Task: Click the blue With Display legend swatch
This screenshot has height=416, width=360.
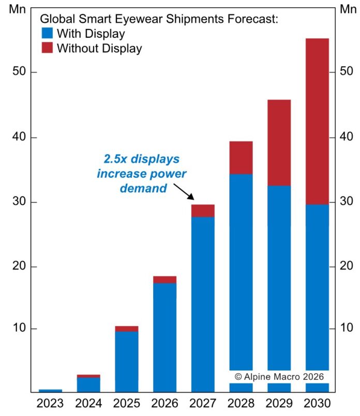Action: click(47, 34)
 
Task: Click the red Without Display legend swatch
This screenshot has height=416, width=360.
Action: click(47, 49)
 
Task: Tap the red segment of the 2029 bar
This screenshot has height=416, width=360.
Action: click(279, 142)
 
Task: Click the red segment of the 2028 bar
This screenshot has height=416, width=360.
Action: click(241, 157)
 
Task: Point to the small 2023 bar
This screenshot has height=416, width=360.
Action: click(50, 391)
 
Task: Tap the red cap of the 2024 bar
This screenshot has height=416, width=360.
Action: click(88, 376)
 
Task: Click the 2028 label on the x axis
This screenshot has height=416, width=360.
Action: click(241, 403)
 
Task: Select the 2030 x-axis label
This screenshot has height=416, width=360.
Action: click(318, 403)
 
